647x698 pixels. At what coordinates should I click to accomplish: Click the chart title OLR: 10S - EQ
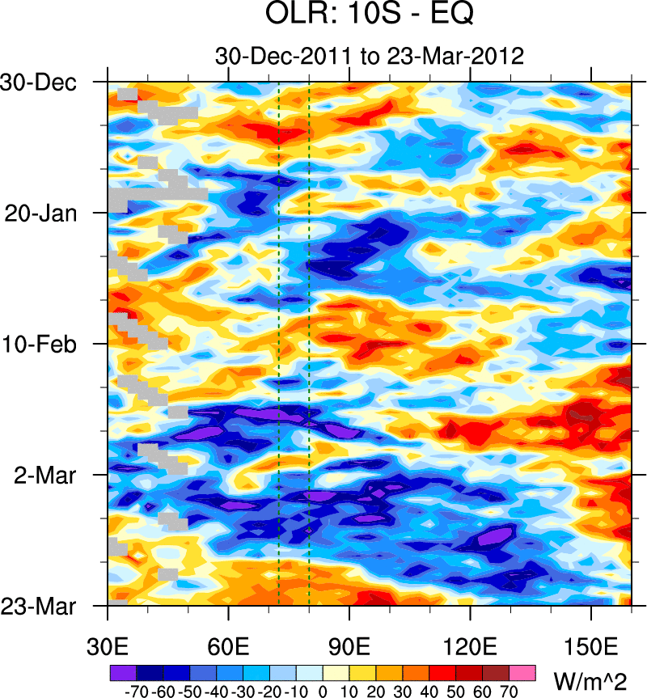(369, 15)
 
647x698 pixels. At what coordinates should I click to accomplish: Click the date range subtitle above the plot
(370, 56)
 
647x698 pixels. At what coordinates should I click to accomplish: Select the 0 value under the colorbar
(323, 692)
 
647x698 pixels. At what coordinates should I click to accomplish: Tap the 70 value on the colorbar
(510, 692)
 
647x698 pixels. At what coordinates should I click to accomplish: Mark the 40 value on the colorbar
(429, 692)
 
